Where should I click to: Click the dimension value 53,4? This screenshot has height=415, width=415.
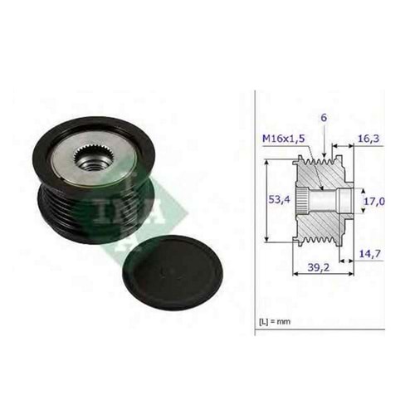[280, 199]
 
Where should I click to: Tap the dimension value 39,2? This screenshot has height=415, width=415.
[319, 267]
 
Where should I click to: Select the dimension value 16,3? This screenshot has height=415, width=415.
[369, 139]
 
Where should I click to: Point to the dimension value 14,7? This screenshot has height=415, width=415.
[370, 253]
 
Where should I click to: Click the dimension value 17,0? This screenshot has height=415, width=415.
[374, 201]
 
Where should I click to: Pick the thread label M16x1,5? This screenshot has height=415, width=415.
[284, 139]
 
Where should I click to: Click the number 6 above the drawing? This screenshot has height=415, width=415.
[324, 118]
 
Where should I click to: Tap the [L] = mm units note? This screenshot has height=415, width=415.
[275, 321]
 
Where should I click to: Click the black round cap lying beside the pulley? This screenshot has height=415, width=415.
[173, 273]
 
